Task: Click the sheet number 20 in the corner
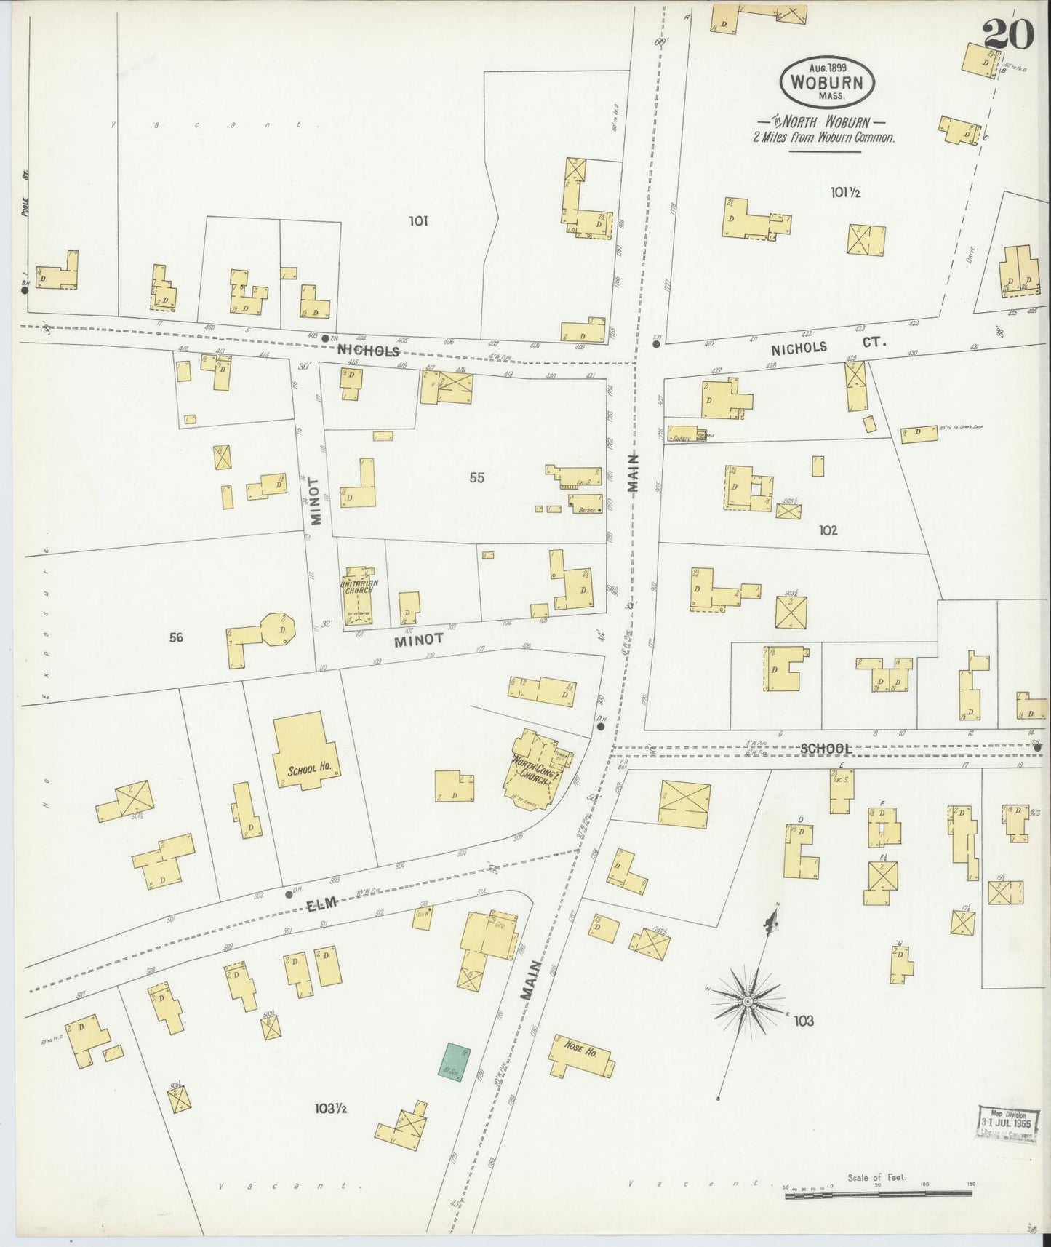point(1007,34)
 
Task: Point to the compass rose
point(748,1002)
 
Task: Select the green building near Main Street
point(455,1059)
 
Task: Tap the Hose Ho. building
point(579,1054)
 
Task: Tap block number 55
point(476,477)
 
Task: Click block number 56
point(175,637)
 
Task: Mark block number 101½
point(845,192)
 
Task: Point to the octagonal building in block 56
point(277,629)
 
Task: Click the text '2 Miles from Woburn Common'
point(824,137)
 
